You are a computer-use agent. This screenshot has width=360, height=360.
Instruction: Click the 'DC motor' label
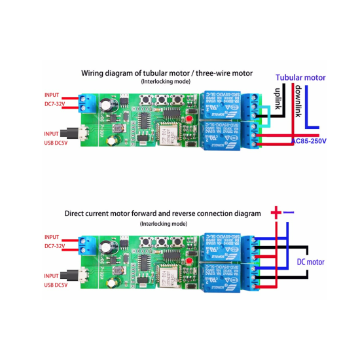pos(310,262)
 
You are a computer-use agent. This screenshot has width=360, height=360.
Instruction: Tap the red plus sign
pos(276,212)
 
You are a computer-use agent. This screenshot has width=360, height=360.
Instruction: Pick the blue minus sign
pos(289,212)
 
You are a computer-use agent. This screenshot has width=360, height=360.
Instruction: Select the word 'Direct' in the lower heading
pos(78,213)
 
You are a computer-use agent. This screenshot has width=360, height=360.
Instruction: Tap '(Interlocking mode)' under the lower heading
pos(163,223)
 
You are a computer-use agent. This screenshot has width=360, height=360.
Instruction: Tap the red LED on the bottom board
pos(189,261)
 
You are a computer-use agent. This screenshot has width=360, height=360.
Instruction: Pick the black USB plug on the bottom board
pos(84,273)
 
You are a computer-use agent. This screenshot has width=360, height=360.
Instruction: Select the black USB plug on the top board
pos(84,133)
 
